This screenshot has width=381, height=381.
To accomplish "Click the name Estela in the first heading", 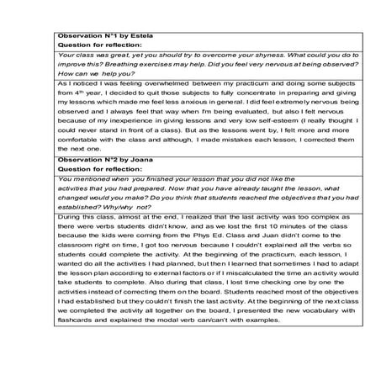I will [x=128, y=36].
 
